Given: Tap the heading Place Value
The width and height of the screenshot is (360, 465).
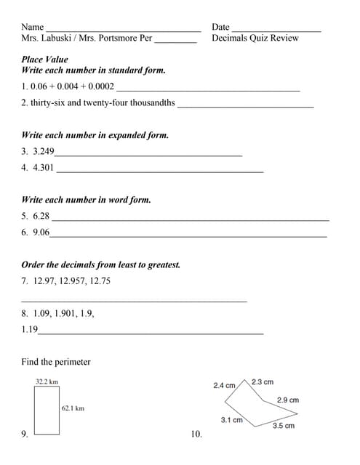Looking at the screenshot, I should tap(45, 60).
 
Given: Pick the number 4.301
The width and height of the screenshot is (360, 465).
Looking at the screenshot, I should tap(44, 168).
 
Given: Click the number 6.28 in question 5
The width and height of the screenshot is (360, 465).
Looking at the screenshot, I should tap(41, 216).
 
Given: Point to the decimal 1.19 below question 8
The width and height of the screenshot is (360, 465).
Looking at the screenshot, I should tap(30, 330).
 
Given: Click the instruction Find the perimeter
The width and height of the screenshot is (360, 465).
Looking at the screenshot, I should tap(56, 362).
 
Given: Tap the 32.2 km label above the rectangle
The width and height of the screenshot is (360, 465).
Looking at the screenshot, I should tap(47, 381).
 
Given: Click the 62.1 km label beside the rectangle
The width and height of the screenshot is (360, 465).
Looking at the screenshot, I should tap(73, 409).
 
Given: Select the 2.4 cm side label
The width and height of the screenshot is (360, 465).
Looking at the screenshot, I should tap(224, 386).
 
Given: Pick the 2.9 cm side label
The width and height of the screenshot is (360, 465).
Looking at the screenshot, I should tap(288, 400).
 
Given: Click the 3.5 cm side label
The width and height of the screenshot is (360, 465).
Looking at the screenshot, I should tap(284, 426).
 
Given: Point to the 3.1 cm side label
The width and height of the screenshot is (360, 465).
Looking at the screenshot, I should tap(231, 420).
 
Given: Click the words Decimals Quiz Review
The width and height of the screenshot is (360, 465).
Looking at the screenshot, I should tap(255, 39).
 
